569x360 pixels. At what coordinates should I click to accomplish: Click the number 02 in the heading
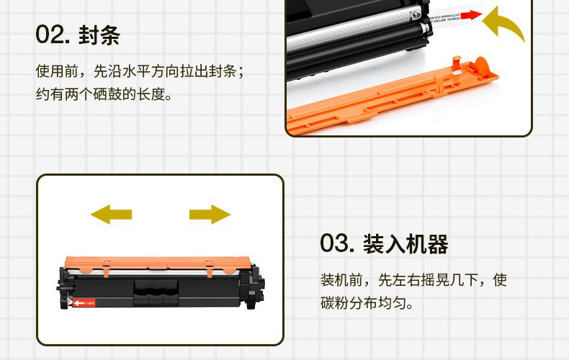pos(51,35)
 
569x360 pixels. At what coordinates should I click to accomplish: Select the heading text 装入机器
pos(406,243)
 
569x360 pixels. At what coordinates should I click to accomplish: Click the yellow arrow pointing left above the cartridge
pos(111,213)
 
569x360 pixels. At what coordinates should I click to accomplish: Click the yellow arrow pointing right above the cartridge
pos(210,213)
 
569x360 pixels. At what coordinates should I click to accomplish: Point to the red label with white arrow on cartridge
pos(87,303)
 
